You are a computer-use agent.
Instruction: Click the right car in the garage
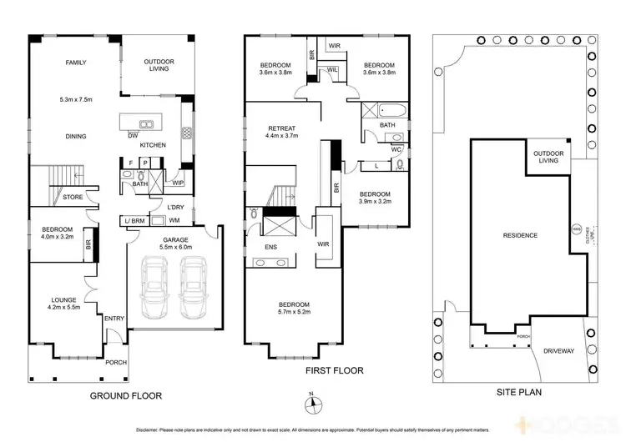(x=194, y=287)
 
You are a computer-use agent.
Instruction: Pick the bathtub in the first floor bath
(x=390, y=109)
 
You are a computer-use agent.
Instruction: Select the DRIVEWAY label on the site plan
(x=558, y=352)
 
